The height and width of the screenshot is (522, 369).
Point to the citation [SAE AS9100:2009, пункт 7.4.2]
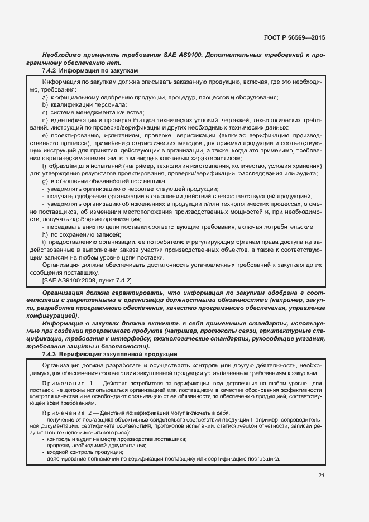(87, 279)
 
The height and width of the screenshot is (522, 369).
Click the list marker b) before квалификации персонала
(45, 104)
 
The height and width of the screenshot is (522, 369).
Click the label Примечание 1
(69, 384)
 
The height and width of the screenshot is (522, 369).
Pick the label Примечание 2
(69, 412)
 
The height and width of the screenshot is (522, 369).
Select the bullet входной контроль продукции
(79, 452)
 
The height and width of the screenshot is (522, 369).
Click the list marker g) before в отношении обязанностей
(45, 181)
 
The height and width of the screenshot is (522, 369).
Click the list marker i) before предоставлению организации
(44, 242)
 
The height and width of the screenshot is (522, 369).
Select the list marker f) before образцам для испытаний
(45, 166)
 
